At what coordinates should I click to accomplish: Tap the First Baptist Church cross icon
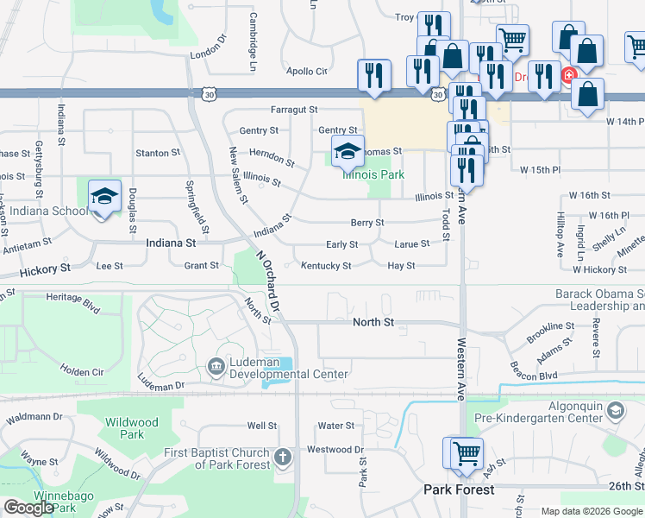pos(283,456)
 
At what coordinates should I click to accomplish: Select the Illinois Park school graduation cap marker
pos(348,152)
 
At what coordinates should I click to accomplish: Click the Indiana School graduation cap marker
pos(104,195)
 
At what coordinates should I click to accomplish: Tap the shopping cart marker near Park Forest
pos(466,452)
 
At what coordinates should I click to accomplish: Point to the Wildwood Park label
pos(131,428)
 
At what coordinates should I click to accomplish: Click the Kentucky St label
pos(326,266)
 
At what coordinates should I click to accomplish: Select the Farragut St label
pos(294,110)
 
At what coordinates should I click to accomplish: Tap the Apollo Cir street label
pos(307,72)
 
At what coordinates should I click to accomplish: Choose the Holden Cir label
pos(82,372)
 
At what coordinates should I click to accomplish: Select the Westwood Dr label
pos(335,449)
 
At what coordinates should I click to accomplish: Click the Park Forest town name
pos(459,490)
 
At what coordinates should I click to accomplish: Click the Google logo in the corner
pos(29,508)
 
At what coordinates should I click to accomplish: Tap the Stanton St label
pos(157,154)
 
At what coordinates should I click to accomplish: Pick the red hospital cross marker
pos(568,77)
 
